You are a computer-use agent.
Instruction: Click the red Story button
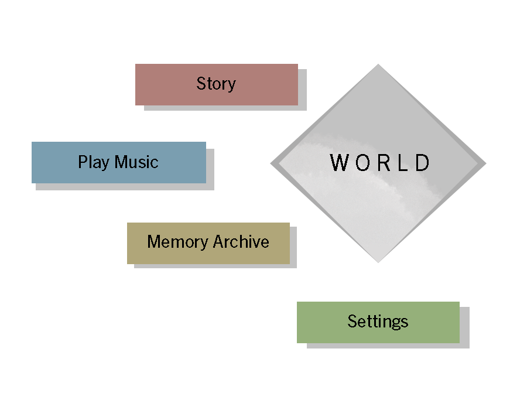(x=216, y=84)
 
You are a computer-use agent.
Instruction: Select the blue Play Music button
(x=118, y=162)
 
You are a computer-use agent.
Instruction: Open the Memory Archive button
(x=208, y=242)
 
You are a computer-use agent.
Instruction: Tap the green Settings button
(x=378, y=322)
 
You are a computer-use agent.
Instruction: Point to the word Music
(x=136, y=162)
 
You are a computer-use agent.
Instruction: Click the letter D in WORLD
(x=422, y=163)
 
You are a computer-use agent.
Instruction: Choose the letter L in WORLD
(x=402, y=163)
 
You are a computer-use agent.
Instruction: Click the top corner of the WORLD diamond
(x=378, y=65)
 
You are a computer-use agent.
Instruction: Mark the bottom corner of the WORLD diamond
(x=378, y=261)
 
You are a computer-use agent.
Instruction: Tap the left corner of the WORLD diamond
(x=271, y=163)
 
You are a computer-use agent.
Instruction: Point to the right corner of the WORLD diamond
(x=485, y=163)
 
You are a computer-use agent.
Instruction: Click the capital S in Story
(x=201, y=84)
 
